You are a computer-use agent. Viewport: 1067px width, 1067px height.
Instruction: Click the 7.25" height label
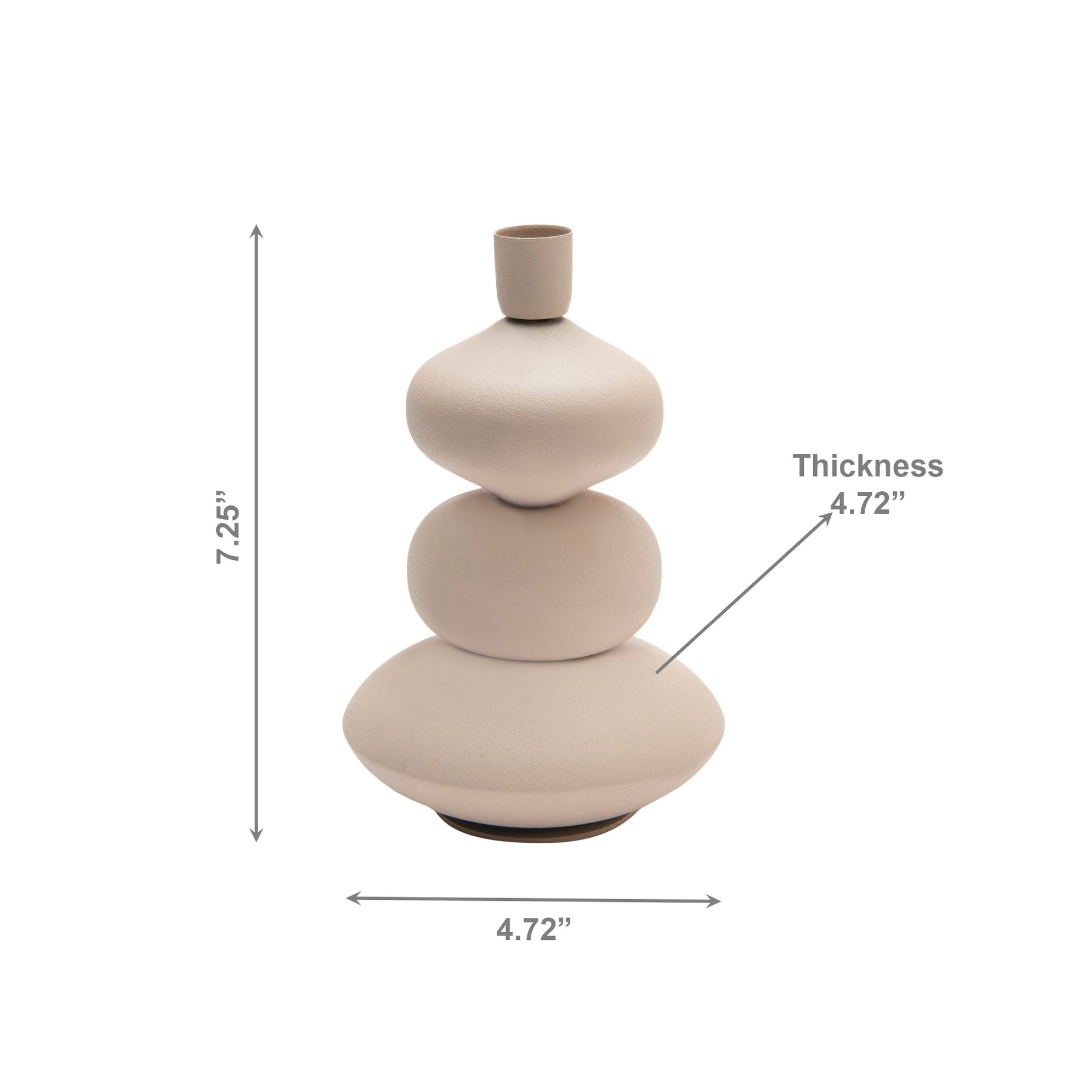228,526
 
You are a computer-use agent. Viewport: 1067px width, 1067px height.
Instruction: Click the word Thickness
868,466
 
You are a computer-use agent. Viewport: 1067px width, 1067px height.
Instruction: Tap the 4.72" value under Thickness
868,503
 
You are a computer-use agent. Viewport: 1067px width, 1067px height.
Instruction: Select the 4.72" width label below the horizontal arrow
533,930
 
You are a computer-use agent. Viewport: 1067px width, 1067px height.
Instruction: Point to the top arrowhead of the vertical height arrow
256,231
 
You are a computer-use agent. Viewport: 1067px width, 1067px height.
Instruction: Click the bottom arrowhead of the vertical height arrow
256,835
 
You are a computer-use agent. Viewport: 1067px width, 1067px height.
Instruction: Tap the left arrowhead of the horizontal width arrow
354,898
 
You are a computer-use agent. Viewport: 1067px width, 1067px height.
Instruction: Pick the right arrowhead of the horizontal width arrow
713,902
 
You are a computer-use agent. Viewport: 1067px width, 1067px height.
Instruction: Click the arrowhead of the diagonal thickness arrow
827,518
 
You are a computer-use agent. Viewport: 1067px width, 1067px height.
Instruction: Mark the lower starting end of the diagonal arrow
657,672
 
